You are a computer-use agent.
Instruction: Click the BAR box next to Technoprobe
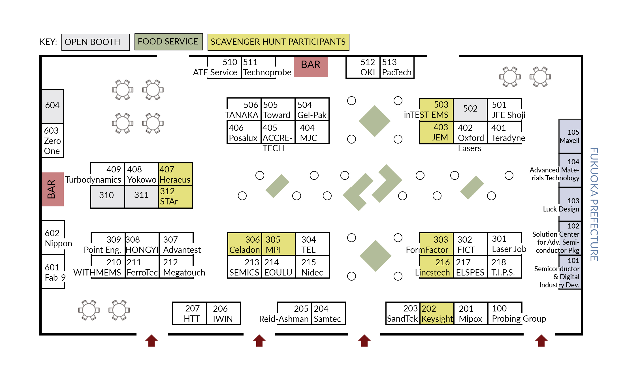[310, 67]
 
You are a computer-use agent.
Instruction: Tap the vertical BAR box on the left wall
[52, 189]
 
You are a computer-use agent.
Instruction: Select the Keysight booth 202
[437, 313]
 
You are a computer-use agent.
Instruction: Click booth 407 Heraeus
[175, 174]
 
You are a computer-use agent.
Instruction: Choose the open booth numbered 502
[470, 109]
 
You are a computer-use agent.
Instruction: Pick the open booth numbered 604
[52, 106]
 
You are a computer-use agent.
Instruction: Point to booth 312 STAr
[175, 197]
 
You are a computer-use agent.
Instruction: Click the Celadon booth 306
[245, 244]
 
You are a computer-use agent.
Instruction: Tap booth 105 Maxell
[570, 136]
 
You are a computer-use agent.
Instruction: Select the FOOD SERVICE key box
[168, 42]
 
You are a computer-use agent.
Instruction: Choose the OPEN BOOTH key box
[95, 42]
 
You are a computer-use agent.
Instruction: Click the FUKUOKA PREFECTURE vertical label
[594, 204]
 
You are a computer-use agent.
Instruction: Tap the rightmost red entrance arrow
[541, 341]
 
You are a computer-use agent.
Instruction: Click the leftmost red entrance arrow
[152, 341]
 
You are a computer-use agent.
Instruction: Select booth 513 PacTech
[396, 67]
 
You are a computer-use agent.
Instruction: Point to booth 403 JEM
[436, 133]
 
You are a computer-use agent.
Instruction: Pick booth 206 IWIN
[223, 313]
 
